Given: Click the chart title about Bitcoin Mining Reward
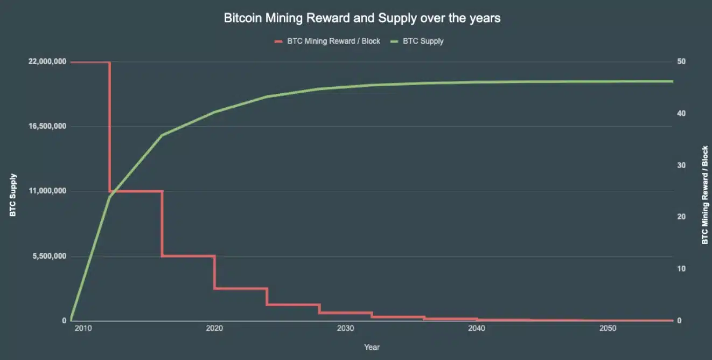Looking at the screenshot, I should (362, 18).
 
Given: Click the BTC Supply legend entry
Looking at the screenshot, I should (423, 41).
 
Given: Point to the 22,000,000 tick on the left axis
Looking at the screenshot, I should (47, 61).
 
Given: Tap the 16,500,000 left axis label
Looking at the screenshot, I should (47, 126).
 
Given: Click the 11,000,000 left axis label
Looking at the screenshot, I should (47, 191).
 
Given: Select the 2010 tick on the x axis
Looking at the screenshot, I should (83, 329).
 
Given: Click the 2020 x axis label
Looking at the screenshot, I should (214, 329).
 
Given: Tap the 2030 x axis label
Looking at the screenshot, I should (345, 329).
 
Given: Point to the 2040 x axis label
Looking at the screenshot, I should (476, 329).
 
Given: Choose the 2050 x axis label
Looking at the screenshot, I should (608, 329).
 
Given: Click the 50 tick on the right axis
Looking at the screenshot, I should (681, 61).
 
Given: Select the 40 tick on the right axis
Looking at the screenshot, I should (681, 113).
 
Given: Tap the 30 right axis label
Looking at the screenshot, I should (681, 165).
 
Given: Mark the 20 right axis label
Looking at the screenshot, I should (681, 217).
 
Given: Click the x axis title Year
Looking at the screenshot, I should (372, 347).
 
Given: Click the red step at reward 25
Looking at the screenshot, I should (136, 191).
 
